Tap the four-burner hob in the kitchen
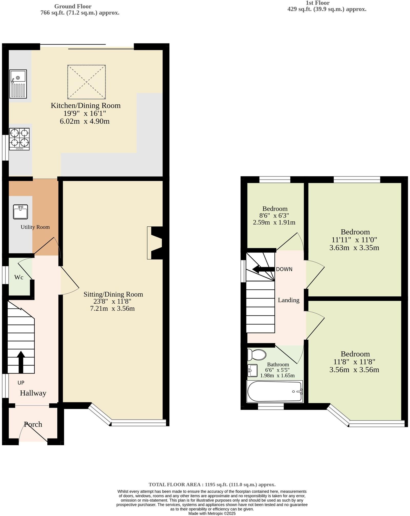point(19,139)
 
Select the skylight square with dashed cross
point(87,82)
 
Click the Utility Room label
point(35,227)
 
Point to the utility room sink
point(20,212)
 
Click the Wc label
point(19,277)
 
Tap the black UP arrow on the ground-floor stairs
point(21,361)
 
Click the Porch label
point(33,424)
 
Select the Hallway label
point(33,393)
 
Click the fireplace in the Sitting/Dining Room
point(155,243)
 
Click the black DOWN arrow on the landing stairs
point(263,269)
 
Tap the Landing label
point(289,300)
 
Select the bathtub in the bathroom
point(274,391)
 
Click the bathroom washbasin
point(253,370)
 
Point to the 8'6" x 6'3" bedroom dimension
point(274,215)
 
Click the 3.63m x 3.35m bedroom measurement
point(354,248)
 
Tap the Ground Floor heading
point(73,6)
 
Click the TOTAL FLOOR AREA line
point(212,485)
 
